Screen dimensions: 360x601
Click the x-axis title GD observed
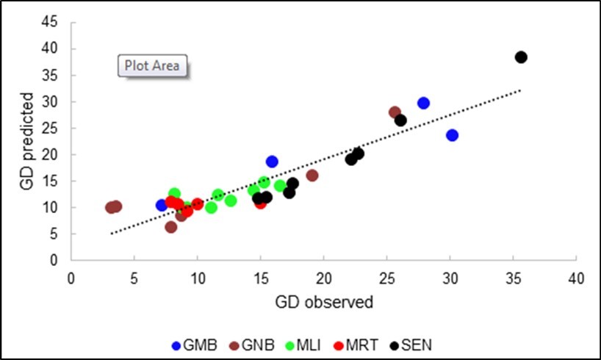pos(324,302)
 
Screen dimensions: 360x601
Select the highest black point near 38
pos(521,57)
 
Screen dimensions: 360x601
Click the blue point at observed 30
pos(452,135)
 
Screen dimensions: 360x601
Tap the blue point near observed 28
pos(423,104)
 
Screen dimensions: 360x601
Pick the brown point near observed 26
pos(395,113)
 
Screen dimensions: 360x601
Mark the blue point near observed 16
pos(272,162)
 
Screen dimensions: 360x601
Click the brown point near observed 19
pos(312,176)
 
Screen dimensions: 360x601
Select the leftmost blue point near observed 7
pos(162,205)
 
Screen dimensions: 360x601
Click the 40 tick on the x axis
pos(577,279)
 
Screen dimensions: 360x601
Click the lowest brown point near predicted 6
pos(171,227)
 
